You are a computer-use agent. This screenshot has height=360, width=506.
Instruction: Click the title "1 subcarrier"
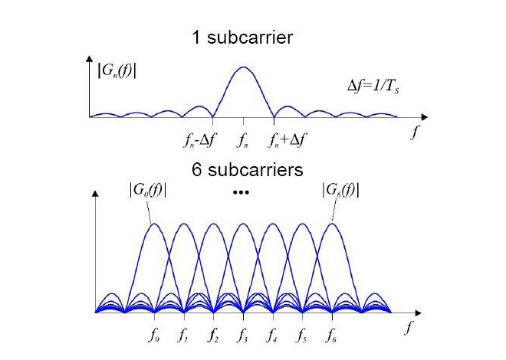pyautogui.click(x=244, y=37)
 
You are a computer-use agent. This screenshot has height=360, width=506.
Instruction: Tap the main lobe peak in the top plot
pyautogui.click(x=243, y=67)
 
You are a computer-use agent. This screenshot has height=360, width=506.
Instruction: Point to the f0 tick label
pyautogui.click(x=154, y=335)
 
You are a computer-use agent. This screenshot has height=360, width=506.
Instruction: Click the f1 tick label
pyautogui.click(x=184, y=335)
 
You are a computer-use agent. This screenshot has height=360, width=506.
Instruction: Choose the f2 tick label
pyautogui.click(x=214, y=335)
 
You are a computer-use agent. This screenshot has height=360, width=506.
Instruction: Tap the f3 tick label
pyautogui.click(x=243, y=335)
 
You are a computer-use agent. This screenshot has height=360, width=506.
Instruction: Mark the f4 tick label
pyautogui.click(x=273, y=335)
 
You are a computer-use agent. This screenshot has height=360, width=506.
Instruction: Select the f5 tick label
pyautogui.click(x=302, y=335)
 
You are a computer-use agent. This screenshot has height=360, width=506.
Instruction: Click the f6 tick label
pyautogui.click(x=331, y=335)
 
